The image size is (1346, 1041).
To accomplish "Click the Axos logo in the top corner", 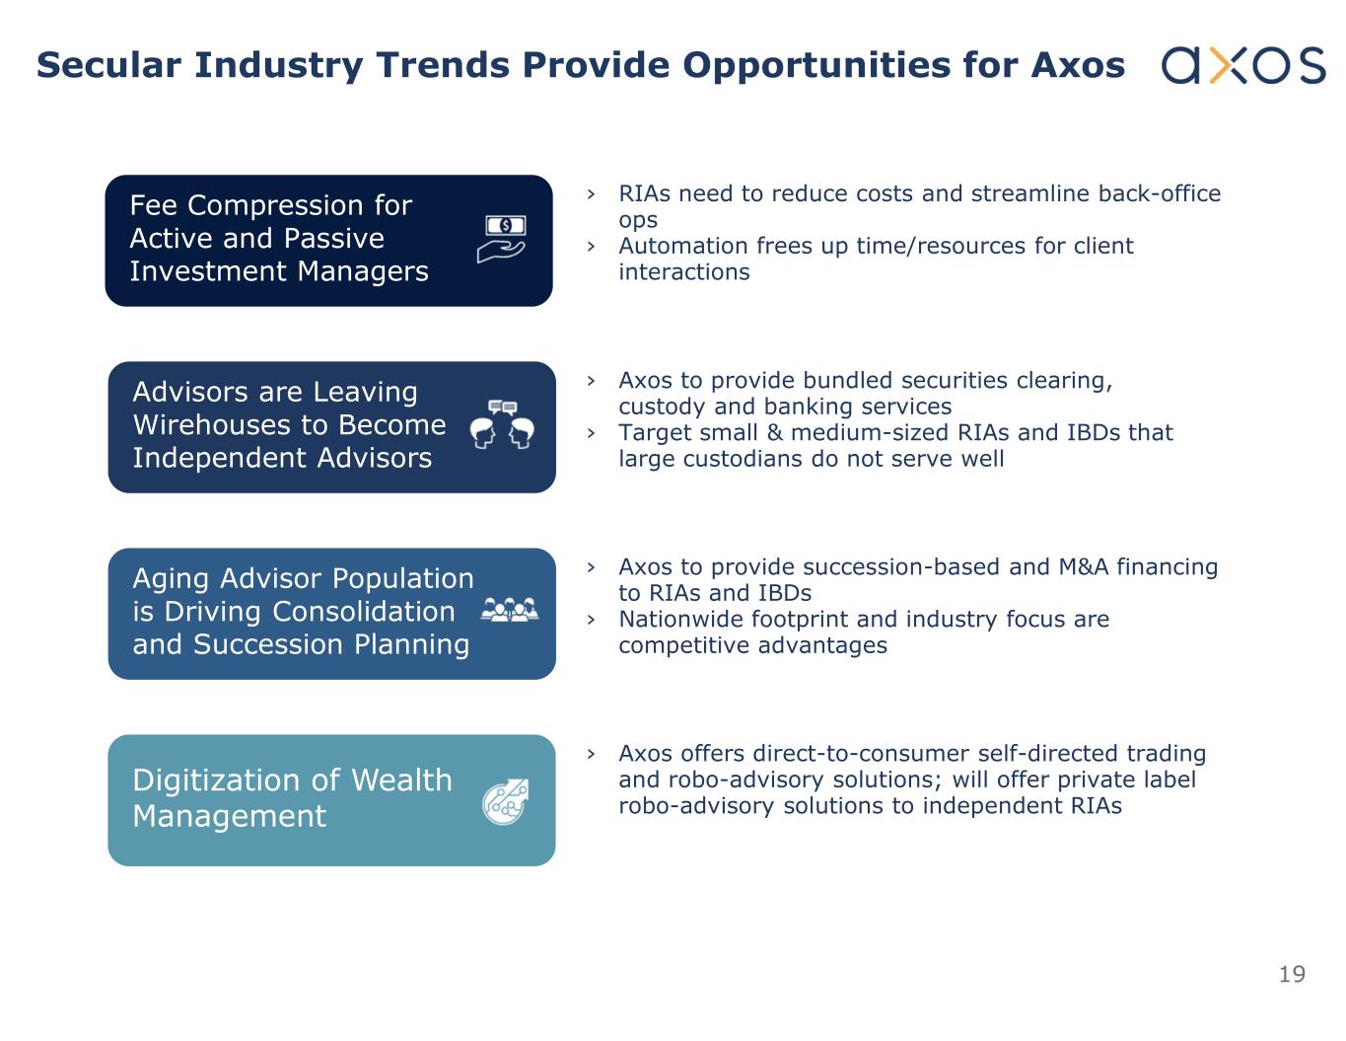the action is [1242, 65].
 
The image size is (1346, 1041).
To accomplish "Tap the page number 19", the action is [1292, 974].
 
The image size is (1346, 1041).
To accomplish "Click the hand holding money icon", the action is [502, 239].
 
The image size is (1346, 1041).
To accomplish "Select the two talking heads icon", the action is [502, 424].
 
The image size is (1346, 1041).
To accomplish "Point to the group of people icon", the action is [510, 609].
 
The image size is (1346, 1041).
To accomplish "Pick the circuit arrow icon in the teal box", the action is [506, 802].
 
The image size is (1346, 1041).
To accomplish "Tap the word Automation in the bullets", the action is [686, 246].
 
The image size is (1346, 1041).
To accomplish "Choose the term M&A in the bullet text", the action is [1084, 567].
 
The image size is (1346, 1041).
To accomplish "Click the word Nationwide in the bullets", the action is [685, 619].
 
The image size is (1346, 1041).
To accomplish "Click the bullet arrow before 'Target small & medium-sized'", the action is [591, 432].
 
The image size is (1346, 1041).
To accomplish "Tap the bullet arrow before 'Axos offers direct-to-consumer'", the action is [591, 754].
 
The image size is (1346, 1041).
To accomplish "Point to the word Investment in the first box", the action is [207, 271].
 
